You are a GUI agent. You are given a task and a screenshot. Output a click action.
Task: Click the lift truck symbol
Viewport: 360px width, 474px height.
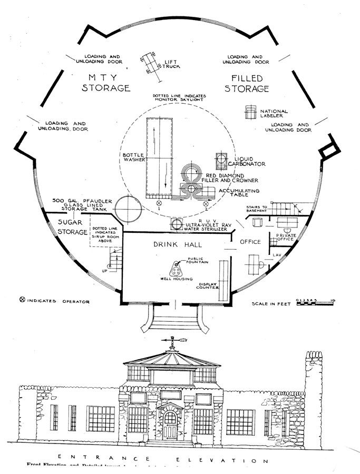[x=151, y=65]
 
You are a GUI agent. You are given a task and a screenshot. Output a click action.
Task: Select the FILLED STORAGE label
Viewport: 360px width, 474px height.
[x=247, y=83]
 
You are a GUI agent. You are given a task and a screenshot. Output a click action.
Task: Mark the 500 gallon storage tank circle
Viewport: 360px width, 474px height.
[x=128, y=209]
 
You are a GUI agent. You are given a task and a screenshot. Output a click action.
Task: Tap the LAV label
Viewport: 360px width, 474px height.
[x=277, y=255]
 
